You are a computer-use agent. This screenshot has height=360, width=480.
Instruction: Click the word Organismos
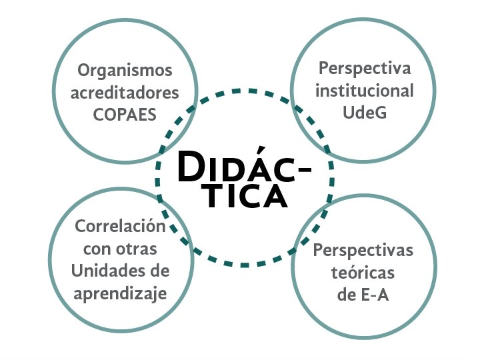click(x=125, y=70)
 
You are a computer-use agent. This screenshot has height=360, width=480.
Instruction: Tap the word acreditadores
click(x=125, y=92)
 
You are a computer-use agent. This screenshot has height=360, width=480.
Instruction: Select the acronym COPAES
click(x=125, y=114)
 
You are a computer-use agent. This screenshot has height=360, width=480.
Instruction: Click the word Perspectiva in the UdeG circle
click(x=365, y=69)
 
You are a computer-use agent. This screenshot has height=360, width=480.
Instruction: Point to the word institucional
click(x=365, y=91)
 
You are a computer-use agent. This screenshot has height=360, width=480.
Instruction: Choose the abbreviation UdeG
click(x=365, y=113)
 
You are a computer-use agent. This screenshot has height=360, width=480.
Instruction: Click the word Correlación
click(x=120, y=227)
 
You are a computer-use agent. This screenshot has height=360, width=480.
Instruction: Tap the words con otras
click(x=120, y=249)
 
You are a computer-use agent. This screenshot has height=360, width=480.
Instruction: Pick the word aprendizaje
click(x=120, y=293)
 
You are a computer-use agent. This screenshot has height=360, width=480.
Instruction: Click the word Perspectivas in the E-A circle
click(x=363, y=251)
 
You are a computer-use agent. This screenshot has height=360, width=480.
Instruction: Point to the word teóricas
click(x=363, y=273)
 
